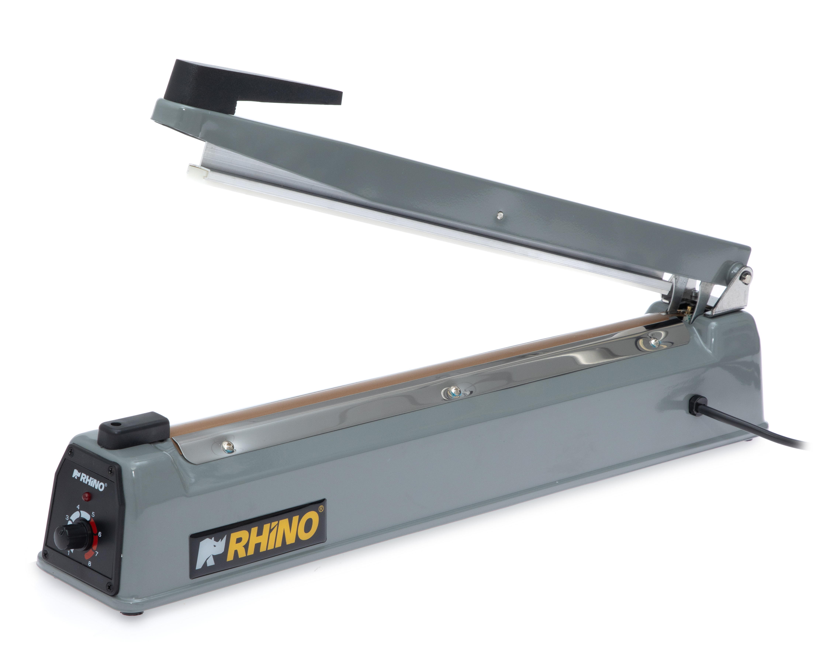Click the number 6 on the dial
100,534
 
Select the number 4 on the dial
78,507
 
